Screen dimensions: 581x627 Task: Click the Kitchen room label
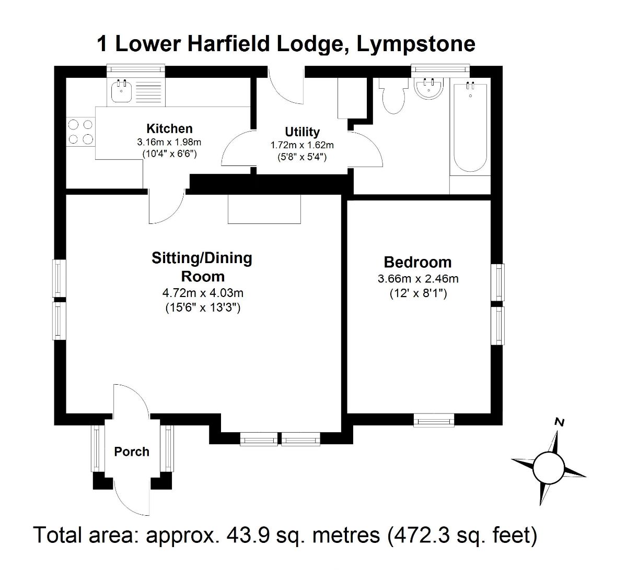point(169,128)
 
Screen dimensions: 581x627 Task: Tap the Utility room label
point(302,132)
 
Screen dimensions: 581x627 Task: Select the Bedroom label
point(417,262)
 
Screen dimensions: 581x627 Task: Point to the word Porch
point(132,452)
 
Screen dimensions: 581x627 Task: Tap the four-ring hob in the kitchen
point(80,132)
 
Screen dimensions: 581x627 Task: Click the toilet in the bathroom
point(393,96)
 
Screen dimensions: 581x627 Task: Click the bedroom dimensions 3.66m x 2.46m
point(418,279)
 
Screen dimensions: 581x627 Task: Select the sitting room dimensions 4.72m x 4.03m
point(203,293)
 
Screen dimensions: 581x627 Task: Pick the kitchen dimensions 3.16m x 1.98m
point(169,141)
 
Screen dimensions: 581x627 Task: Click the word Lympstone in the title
point(416,44)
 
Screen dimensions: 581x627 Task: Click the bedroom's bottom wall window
point(434,420)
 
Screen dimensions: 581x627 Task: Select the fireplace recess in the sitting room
point(265,209)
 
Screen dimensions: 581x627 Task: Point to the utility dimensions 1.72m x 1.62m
point(302,145)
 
